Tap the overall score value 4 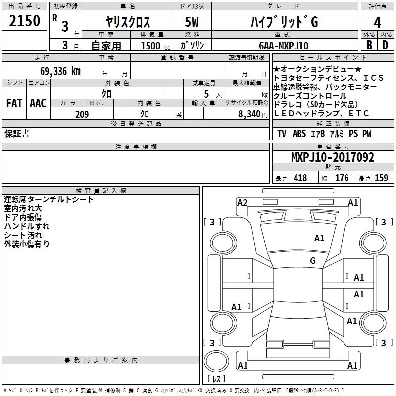click(x=377, y=22)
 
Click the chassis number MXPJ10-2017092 click(x=332, y=157)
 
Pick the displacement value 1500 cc click(x=155, y=46)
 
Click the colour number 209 click(x=82, y=114)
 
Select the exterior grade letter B click(x=369, y=46)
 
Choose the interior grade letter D click(x=385, y=46)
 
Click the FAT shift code click(x=14, y=103)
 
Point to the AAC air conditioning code click(x=38, y=103)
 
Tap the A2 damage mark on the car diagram click(x=242, y=202)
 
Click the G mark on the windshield click(x=313, y=260)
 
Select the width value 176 click(x=342, y=178)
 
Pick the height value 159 click(x=381, y=178)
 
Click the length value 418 click(x=300, y=178)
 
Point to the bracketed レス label click(x=216, y=379)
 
